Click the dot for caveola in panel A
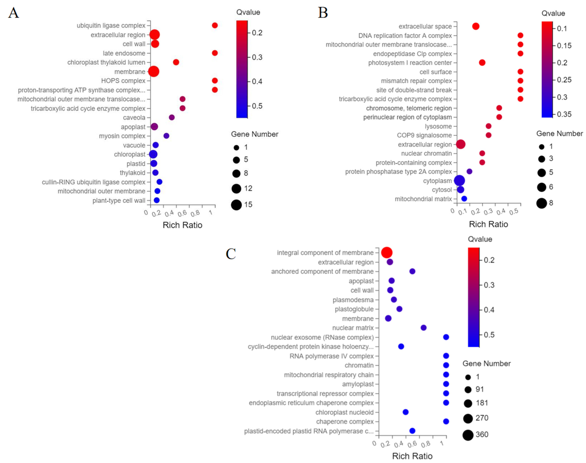171,117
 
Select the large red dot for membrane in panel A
153,72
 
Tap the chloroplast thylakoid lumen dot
176,62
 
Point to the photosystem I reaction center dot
482,63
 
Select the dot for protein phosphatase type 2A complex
469,171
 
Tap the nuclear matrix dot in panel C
423,328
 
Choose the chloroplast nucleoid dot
405,412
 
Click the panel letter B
323,13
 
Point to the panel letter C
231,254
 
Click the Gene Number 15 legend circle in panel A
236,205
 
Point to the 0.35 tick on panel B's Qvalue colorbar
564,114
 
